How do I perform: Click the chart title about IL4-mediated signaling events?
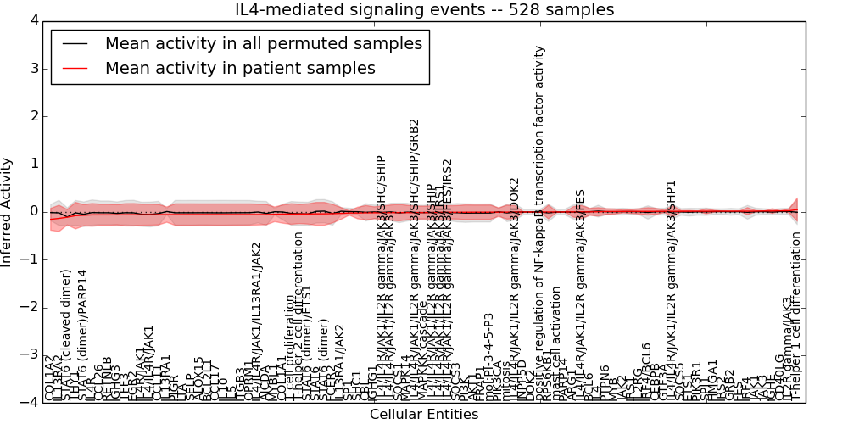pos(424,9)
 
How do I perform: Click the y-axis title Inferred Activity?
pos(8,211)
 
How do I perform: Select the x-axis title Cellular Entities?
pos(424,415)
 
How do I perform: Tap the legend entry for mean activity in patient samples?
pos(240,69)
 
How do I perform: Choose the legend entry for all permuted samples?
pos(263,43)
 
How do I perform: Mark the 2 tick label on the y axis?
pos(32,116)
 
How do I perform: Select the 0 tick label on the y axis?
pos(32,211)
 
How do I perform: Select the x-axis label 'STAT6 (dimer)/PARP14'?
pos(82,335)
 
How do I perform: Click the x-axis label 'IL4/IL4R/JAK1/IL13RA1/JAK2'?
pos(256,321)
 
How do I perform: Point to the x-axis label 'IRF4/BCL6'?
pos(646,373)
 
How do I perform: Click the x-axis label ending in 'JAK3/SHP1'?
pos(671,288)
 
